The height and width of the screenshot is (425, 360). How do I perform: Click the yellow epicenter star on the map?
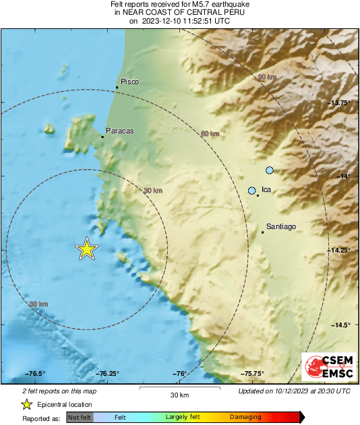87,249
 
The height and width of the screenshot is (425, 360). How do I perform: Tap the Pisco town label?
129,81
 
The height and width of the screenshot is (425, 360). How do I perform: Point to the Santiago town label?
282,226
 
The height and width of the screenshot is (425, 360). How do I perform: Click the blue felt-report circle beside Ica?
252,191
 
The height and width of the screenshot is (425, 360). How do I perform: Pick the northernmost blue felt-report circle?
270,170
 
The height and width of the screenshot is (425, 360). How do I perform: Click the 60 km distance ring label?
210,134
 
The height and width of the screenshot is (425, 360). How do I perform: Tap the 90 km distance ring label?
268,78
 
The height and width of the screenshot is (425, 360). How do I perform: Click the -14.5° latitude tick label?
341,325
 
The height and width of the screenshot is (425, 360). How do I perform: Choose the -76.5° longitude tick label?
35,374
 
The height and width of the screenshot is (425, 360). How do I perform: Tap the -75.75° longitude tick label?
253,374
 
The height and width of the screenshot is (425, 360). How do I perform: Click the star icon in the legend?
26,404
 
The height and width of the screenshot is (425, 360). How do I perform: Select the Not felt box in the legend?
78,418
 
